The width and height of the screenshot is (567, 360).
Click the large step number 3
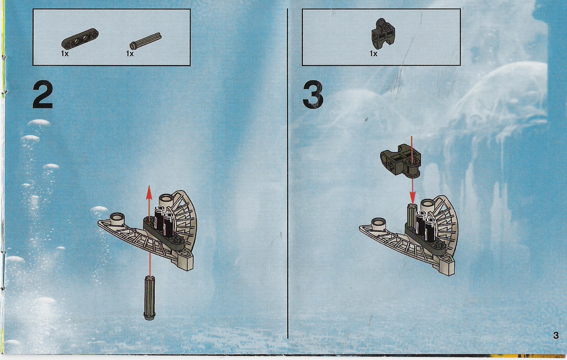[313, 95]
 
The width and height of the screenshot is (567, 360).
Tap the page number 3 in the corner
[556, 335]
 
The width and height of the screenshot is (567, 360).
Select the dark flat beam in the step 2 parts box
[80, 38]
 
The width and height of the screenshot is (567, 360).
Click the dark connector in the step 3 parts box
[383, 33]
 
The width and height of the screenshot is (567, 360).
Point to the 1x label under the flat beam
[65, 54]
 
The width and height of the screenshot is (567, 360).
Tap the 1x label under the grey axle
[130, 54]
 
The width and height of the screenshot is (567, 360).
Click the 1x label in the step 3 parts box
[373, 54]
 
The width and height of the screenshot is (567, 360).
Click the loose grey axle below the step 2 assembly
[149, 298]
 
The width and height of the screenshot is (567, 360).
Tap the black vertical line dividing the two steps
[288, 173]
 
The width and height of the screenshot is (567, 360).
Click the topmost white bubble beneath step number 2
[39, 123]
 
